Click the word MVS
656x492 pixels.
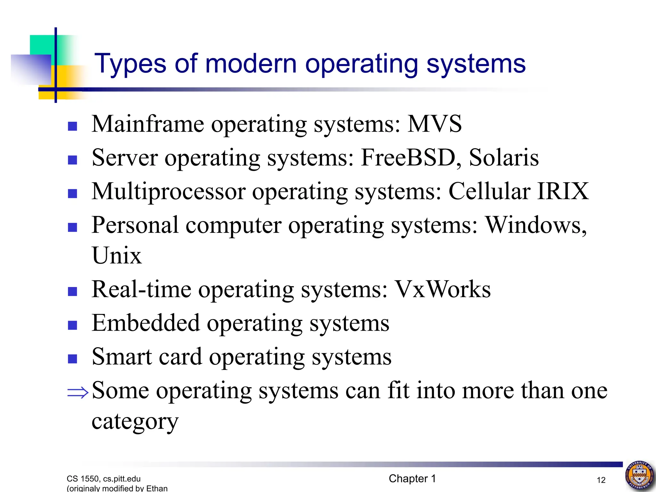point(434,124)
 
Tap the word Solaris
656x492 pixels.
point(504,158)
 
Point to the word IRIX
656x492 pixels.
point(563,191)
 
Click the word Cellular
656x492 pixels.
point(489,191)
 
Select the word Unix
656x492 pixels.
point(117,256)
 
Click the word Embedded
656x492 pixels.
point(145,323)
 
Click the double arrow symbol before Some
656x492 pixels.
point(78,392)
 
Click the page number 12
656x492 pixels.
point(601,480)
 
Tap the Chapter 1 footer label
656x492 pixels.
point(412,479)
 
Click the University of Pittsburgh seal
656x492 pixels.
point(640,475)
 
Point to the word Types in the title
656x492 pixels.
point(130,64)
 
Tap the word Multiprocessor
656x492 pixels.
point(168,191)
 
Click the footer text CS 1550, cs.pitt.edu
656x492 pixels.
point(103,479)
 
